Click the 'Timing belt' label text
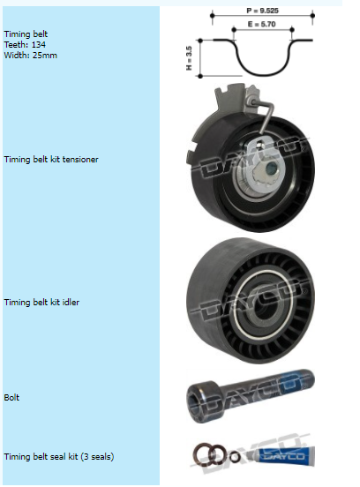26,34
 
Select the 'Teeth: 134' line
25,45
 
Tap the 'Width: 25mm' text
30,56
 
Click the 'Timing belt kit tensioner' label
51,160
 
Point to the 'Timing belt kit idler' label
41,303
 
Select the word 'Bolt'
11,398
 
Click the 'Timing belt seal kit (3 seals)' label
59,457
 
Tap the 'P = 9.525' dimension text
262,11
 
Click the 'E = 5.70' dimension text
262,24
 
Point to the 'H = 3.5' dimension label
189,58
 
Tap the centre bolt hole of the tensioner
271,169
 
